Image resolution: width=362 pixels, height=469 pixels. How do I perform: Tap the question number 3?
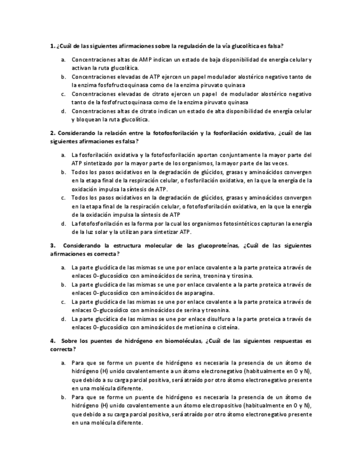[x=52, y=245]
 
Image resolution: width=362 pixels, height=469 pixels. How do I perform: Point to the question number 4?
[x=52, y=341]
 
